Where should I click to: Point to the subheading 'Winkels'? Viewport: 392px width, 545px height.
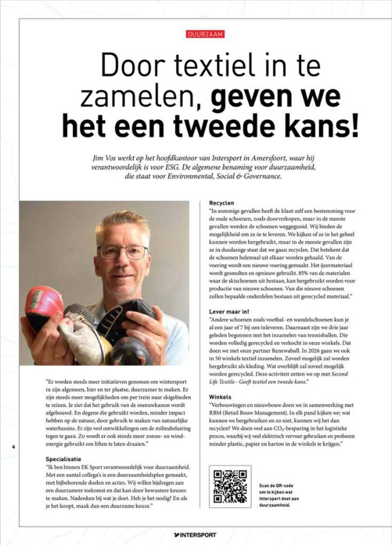tap(220, 396)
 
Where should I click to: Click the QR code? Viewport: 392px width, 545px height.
tap(230, 486)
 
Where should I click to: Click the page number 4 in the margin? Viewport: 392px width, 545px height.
tap(13, 447)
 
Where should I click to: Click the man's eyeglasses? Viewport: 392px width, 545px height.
tap(122, 252)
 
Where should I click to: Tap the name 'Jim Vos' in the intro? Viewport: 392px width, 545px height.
tap(108, 158)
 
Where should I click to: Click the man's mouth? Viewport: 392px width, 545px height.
tap(123, 283)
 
